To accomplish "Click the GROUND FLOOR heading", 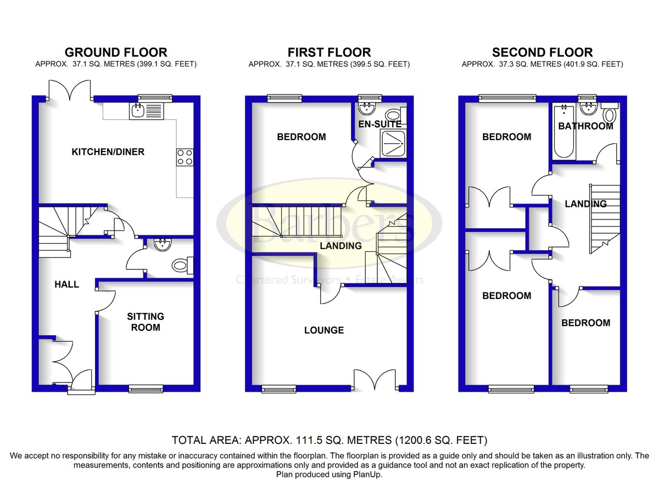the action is [x=115, y=53].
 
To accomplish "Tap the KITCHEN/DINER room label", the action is [x=108, y=152].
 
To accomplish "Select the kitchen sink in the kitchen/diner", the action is [x=147, y=111].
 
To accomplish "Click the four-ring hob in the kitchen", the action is [x=185, y=157].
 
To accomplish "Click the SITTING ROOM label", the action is [x=146, y=322].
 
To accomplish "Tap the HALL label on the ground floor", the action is [x=67, y=284].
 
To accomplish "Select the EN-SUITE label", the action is [x=379, y=125].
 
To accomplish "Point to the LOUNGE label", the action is [x=324, y=330].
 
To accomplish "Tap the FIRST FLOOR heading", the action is [x=329, y=53].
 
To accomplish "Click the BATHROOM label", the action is [x=585, y=126].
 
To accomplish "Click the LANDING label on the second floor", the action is [x=586, y=204].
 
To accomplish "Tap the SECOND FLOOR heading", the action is [x=542, y=53].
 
